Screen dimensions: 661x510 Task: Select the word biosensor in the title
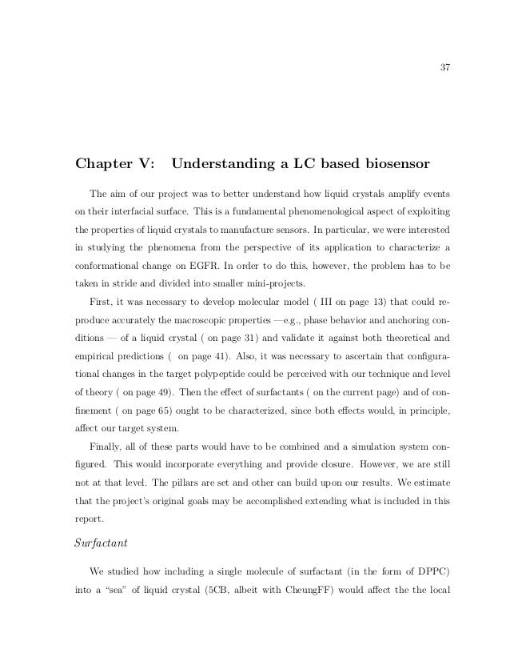pyautogui.click(x=392, y=166)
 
